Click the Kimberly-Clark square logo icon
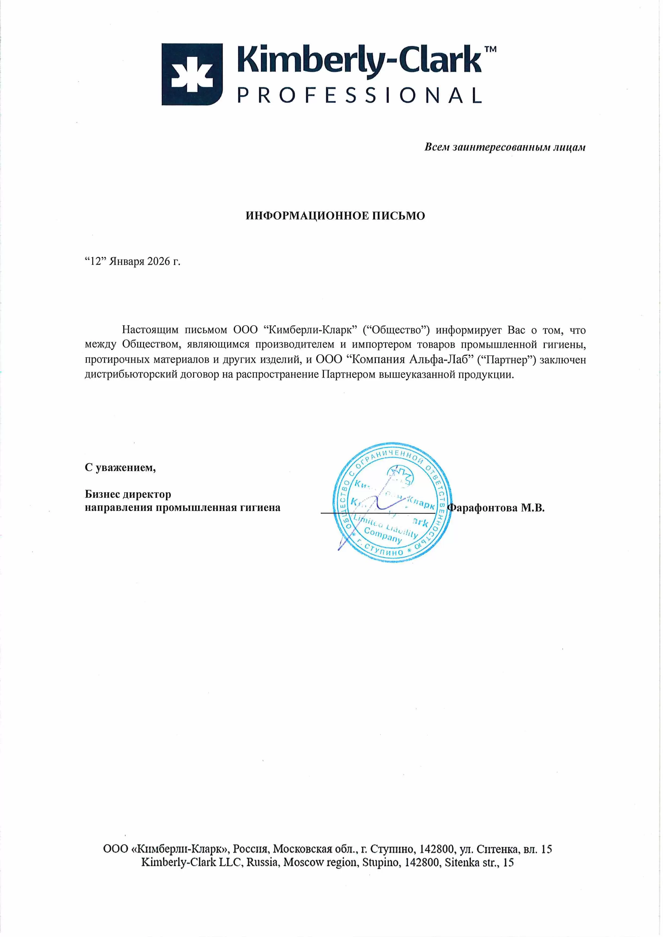click(192, 74)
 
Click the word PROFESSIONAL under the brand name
click(359, 95)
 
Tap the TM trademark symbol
click(490, 49)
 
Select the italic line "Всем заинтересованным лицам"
click(505, 147)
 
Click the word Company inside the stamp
click(383, 535)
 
